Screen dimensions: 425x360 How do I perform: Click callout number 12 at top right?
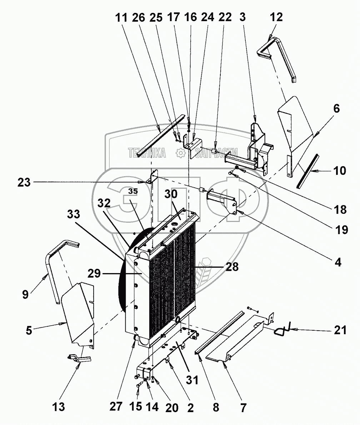[276, 17]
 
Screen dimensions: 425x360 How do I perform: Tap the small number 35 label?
[132, 191]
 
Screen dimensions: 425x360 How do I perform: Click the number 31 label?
[192, 380]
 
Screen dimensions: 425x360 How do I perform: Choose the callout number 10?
[339, 171]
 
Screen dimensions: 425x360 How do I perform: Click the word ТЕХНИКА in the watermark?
[147, 154]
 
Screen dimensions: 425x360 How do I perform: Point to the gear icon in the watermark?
[180, 154]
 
